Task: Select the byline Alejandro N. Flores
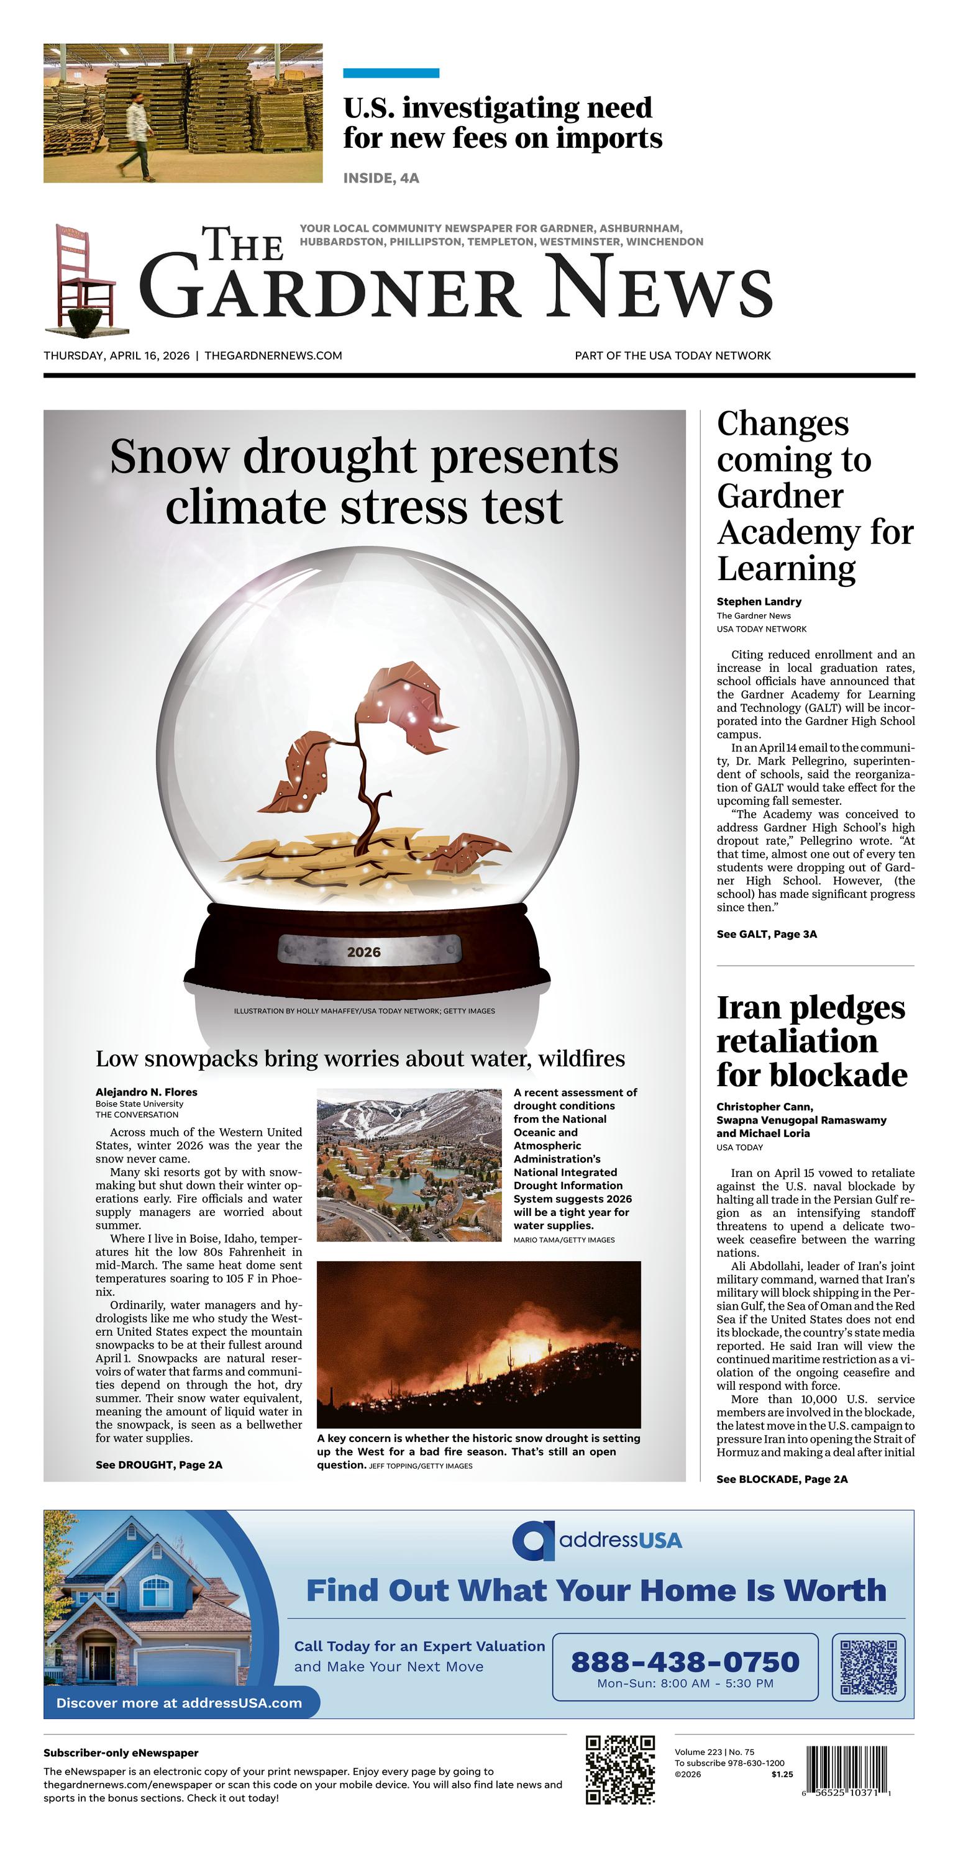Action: pyautogui.click(x=146, y=1092)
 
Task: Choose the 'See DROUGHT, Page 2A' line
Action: pyautogui.click(x=159, y=1464)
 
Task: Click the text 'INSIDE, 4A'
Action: pyautogui.click(x=381, y=178)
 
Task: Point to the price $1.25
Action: pyautogui.click(x=782, y=1775)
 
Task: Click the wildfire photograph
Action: pyautogui.click(x=478, y=1344)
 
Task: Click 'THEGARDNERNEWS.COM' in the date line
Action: pyautogui.click(x=273, y=355)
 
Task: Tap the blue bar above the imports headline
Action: pyautogui.click(x=391, y=73)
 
